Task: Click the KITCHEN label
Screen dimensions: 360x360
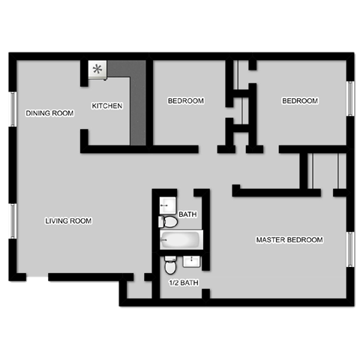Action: tap(107, 106)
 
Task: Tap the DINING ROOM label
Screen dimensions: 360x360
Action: tap(50, 113)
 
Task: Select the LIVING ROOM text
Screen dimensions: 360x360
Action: tap(68, 220)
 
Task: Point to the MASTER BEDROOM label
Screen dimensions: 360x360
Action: tap(289, 240)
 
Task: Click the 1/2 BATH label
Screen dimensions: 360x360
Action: tap(184, 283)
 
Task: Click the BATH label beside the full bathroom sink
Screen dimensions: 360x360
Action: tap(187, 214)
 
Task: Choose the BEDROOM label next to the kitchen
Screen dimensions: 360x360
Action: tap(186, 100)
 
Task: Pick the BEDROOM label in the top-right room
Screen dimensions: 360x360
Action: tap(300, 100)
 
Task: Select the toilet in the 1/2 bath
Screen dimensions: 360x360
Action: tap(171, 265)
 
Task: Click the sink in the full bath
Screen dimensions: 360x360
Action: tap(167, 204)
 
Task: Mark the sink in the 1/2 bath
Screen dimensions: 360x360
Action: tap(192, 260)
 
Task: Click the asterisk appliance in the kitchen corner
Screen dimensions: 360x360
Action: tap(97, 70)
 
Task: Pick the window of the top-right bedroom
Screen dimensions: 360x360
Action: tap(349, 98)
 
